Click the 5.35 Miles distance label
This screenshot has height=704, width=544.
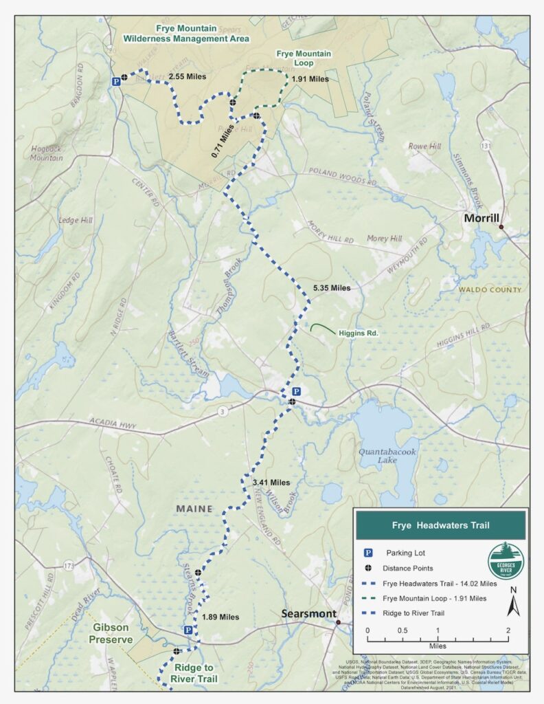331,288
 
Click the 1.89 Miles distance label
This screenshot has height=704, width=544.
220,617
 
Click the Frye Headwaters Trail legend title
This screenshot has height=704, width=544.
440,525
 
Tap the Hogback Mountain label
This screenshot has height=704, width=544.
47,153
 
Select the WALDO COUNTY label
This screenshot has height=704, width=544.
490,289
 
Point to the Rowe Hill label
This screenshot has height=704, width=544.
424,146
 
